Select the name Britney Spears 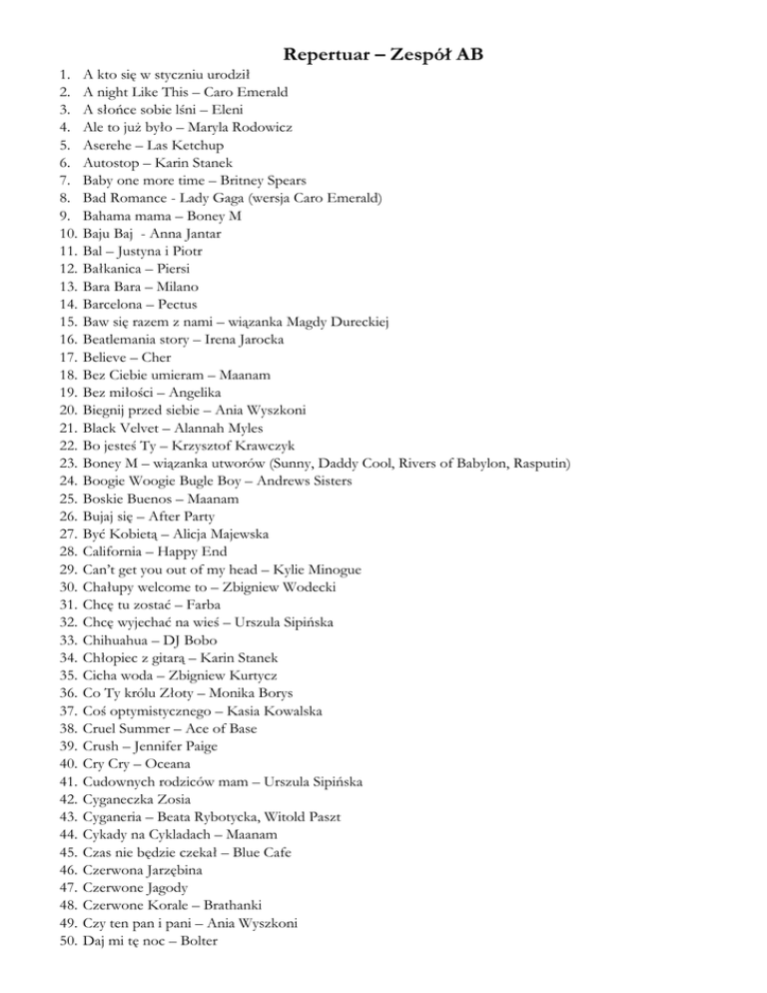[248, 182]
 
